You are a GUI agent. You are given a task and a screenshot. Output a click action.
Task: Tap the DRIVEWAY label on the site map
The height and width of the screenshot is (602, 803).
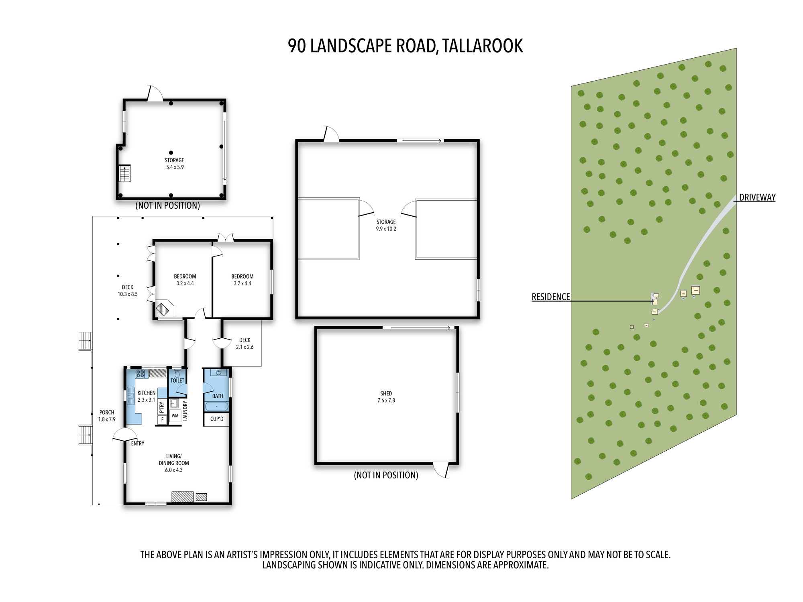(757, 197)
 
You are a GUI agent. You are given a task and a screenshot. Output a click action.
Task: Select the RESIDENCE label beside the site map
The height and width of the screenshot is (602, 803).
(550, 297)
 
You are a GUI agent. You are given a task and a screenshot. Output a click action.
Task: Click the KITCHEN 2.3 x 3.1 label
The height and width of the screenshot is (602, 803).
(146, 396)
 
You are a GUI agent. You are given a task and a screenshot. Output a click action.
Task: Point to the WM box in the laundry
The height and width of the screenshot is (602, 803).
(175, 416)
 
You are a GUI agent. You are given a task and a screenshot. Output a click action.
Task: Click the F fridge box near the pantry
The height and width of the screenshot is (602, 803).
(162, 420)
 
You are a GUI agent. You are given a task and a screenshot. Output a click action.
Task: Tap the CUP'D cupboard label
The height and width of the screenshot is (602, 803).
(217, 419)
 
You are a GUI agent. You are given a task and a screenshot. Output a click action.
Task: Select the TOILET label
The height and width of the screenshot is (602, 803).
(177, 380)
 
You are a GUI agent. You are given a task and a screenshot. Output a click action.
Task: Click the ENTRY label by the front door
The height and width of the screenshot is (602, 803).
(137, 443)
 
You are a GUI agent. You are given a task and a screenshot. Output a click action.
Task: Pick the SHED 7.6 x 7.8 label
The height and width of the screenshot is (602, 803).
(386, 397)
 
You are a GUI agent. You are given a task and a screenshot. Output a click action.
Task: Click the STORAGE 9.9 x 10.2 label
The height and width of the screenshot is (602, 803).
(386, 225)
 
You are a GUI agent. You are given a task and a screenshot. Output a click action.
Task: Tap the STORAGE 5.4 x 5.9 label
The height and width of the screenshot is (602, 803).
(175, 164)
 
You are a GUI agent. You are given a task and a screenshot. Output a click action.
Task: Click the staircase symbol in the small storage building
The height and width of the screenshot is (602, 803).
(125, 173)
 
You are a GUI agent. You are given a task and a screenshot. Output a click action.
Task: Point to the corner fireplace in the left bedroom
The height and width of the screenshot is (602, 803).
(164, 309)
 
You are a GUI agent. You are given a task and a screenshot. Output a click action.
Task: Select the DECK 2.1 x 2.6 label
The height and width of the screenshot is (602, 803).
(245, 344)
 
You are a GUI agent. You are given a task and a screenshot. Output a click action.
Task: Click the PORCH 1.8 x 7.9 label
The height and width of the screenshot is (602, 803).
(107, 416)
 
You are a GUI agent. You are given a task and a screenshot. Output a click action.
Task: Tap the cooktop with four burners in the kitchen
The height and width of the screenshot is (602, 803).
(140, 374)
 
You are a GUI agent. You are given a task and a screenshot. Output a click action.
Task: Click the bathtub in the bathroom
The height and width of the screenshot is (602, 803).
(217, 407)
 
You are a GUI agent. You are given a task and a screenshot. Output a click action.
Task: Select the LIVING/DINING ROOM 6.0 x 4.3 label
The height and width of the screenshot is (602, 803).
(173, 463)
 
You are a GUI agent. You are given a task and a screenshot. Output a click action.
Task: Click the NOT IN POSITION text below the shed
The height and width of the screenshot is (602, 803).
(386, 475)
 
